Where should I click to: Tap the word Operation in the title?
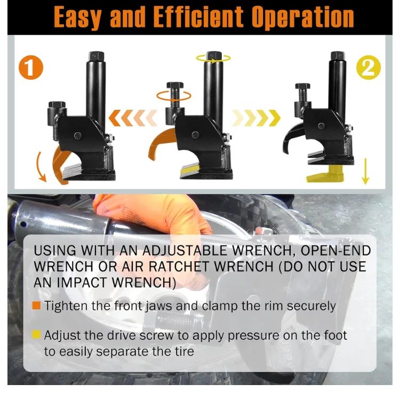[303, 17]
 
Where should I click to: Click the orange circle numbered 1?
[31, 67]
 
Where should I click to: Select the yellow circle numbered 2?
[369, 67]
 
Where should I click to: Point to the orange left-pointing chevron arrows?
[133, 118]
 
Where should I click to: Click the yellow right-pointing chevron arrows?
[256, 118]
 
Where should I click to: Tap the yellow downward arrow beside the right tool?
[365, 171]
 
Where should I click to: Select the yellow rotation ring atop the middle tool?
[213, 59]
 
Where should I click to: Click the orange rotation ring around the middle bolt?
[174, 97]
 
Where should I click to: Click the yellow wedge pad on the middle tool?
[190, 169]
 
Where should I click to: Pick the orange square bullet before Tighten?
[36, 306]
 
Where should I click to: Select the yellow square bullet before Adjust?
[36, 334]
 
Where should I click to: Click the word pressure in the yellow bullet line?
[253, 336]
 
